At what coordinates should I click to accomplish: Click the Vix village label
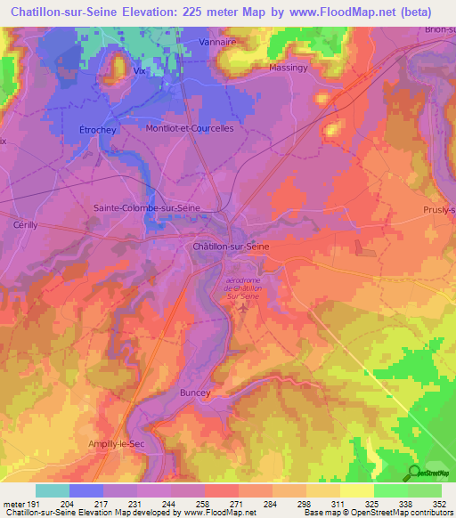coord(138,69)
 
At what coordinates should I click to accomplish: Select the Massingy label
coord(289,68)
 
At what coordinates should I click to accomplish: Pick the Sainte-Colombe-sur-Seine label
coord(147,207)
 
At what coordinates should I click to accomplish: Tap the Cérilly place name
coord(25,226)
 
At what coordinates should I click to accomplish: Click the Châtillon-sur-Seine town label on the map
coord(231,246)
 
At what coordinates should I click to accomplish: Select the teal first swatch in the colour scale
coord(53,490)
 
